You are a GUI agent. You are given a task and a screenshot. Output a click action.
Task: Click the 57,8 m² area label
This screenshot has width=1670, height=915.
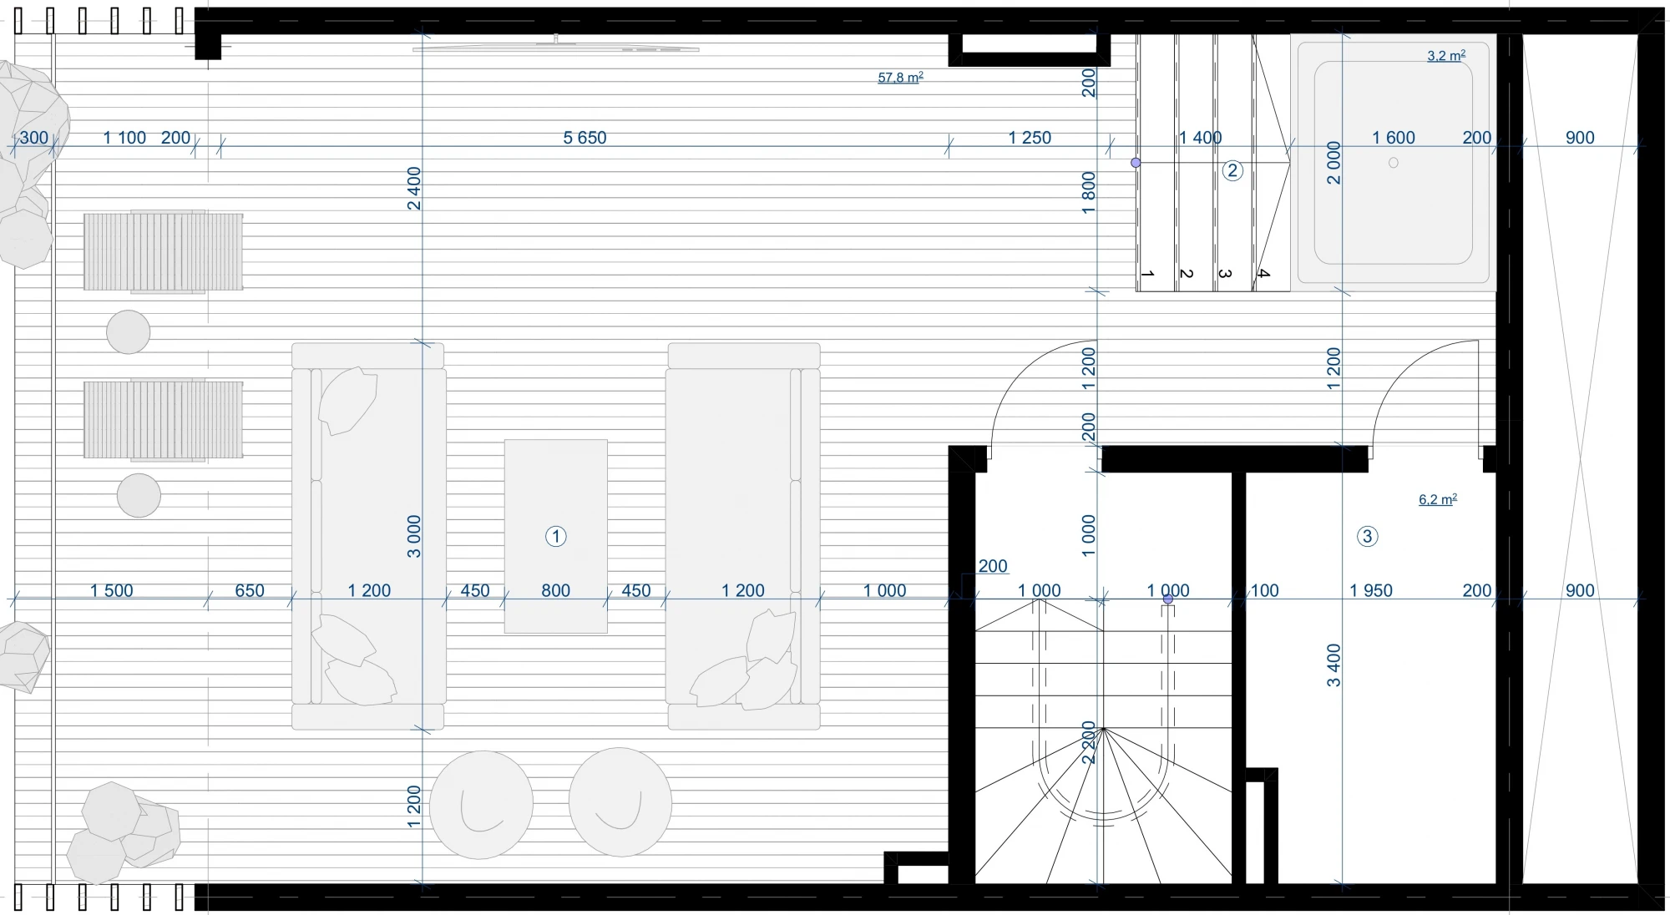pyautogui.click(x=900, y=78)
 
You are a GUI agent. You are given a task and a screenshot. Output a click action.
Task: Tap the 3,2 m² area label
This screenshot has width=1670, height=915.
pyautogui.click(x=1446, y=56)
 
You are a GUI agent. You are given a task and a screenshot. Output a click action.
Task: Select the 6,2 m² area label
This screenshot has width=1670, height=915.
pyautogui.click(x=1438, y=499)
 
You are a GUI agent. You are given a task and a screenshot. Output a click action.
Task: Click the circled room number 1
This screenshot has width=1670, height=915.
pyautogui.click(x=555, y=536)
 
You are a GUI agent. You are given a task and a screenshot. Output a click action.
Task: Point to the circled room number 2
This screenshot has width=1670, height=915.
pyautogui.click(x=1232, y=171)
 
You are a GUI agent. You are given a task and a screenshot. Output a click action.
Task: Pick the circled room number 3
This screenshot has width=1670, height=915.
pyautogui.click(x=1367, y=536)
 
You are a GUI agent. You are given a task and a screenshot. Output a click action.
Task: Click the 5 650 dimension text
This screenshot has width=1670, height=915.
pyautogui.click(x=584, y=138)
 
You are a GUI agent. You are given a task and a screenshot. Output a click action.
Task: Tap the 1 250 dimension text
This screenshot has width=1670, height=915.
pyautogui.click(x=1030, y=138)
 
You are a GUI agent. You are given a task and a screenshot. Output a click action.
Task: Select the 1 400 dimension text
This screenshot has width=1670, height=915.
pyautogui.click(x=1200, y=138)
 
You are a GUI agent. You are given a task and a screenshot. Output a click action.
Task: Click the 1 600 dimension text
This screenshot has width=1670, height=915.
pyautogui.click(x=1394, y=138)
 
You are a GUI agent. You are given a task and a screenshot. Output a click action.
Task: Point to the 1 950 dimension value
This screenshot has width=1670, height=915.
pyautogui.click(x=1371, y=590)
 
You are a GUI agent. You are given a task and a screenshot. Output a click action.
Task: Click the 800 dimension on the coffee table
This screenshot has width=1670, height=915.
pyautogui.click(x=555, y=590)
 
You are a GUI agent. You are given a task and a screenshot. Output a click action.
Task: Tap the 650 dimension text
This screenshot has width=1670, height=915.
pyautogui.click(x=249, y=590)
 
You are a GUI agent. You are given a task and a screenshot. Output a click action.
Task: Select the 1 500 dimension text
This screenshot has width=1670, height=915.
pyautogui.click(x=112, y=590)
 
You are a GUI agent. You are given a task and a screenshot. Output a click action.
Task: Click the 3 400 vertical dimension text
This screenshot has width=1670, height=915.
pyautogui.click(x=1333, y=665)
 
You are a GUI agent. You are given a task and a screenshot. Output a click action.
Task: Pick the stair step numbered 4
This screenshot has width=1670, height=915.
pyautogui.click(x=1263, y=273)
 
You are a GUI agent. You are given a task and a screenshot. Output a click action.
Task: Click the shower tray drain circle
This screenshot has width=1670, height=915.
pyautogui.click(x=1393, y=163)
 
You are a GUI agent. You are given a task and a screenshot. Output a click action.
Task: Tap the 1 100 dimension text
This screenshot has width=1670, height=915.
pyautogui.click(x=124, y=138)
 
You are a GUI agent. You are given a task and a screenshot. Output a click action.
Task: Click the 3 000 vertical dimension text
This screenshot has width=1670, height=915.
pyautogui.click(x=414, y=536)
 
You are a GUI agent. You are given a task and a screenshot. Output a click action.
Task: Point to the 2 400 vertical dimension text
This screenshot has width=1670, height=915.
pyautogui.click(x=414, y=189)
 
